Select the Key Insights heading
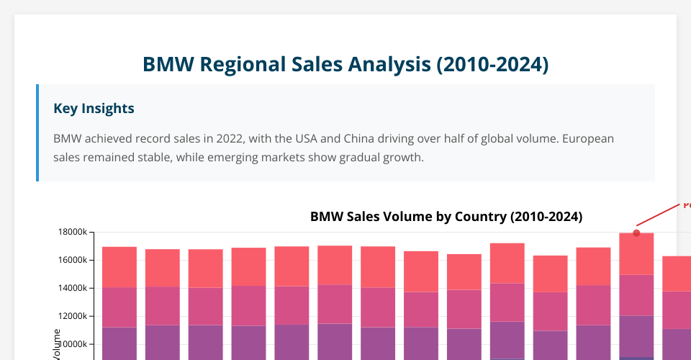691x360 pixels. click(94, 109)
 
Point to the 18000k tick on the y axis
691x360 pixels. click(73, 232)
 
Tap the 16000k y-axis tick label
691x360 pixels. click(73, 260)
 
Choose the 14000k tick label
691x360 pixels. click(73, 288)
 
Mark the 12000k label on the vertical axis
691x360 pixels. click(73, 316)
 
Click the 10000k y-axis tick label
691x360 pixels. click(73, 344)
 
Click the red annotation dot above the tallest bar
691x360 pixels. click(636, 233)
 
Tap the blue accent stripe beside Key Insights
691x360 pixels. click(37, 132)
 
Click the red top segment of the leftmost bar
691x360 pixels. click(119, 267)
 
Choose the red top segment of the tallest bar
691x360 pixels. click(636, 253)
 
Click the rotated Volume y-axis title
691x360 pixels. click(57, 344)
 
